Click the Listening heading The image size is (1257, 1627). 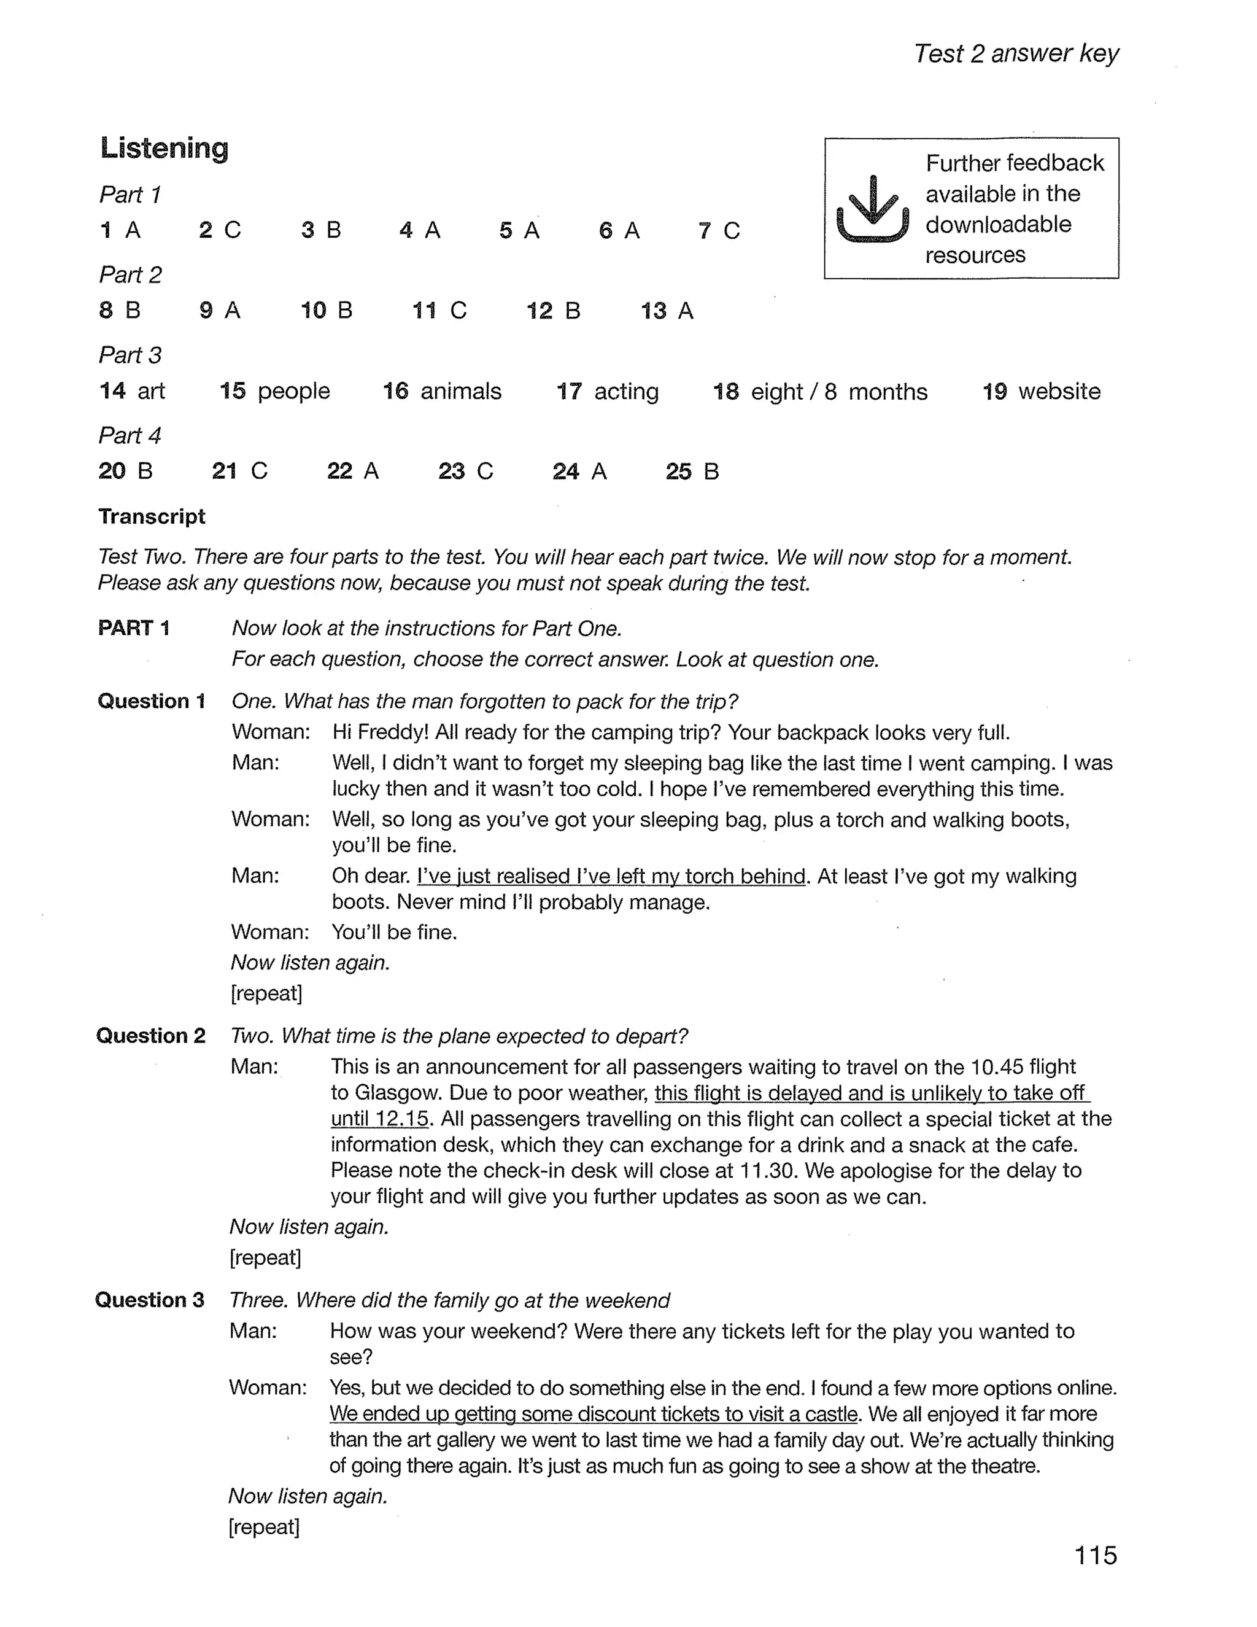click(x=164, y=147)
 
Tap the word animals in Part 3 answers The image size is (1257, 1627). click(x=460, y=391)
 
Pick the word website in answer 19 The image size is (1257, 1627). click(x=1059, y=391)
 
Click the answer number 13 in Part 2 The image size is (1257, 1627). click(x=653, y=311)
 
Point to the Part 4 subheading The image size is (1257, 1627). click(x=130, y=435)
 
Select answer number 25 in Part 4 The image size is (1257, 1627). click(x=678, y=471)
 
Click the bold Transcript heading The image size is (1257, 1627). click(x=152, y=516)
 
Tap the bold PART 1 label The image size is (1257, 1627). click(x=134, y=628)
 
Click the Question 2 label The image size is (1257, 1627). click(x=151, y=1036)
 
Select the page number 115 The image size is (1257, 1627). click(x=1096, y=1556)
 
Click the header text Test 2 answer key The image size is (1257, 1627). click(x=1016, y=53)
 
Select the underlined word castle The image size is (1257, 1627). click(x=830, y=1414)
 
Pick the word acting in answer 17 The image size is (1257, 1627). click(x=625, y=391)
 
